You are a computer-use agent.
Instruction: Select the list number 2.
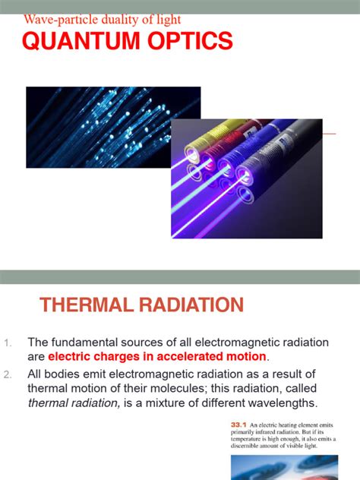(x=8, y=374)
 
